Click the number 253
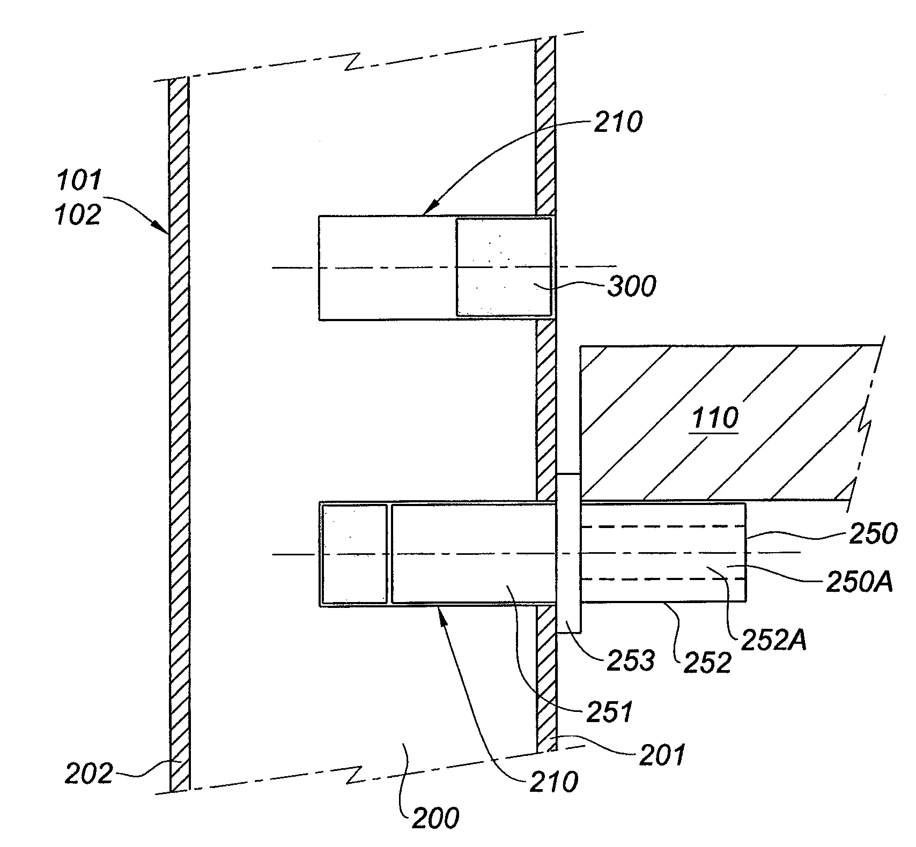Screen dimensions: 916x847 point(631,661)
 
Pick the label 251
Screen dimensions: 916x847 point(610,712)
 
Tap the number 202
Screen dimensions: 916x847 point(89,774)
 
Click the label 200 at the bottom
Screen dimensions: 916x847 point(435,819)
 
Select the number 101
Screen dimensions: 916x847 point(79,181)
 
